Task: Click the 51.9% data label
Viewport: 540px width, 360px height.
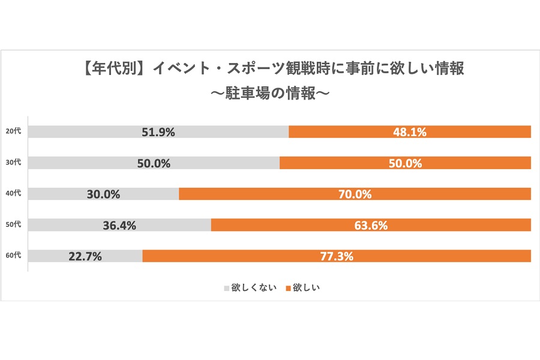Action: coord(158,133)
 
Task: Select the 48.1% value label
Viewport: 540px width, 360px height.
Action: coord(410,133)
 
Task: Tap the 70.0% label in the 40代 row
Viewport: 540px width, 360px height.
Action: coord(355,194)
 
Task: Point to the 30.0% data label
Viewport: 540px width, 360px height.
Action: coord(104,194)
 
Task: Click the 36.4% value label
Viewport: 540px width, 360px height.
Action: coord(119,226)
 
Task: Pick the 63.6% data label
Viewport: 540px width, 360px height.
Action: coord(371,226)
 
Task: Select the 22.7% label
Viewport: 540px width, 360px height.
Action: coord(85,256)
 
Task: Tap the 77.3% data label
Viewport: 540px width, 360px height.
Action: coord(337,256)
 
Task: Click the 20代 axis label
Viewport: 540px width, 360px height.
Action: coord(13,132)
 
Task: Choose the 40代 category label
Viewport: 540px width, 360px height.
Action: coord(13,194)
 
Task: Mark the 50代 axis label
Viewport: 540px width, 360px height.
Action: coord(13,225)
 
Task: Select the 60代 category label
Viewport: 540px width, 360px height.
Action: coord(13,256)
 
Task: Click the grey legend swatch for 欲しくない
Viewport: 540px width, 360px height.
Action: coord(227,288)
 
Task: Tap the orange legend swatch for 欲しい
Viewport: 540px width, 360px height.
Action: coord(288,288)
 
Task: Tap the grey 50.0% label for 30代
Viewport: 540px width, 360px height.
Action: coord(154,163)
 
